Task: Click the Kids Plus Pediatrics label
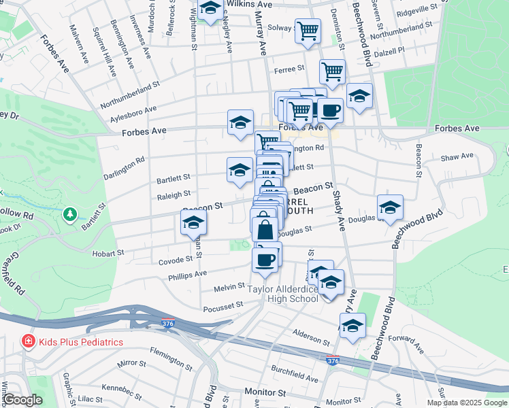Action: [81, 341]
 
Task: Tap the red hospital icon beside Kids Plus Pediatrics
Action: [29, 341]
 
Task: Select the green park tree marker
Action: [69, 216]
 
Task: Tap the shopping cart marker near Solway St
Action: [308, 30]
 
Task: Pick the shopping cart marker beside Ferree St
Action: [332, 71]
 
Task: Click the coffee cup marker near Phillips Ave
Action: [265, 258]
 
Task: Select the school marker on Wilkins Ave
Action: [210, 9]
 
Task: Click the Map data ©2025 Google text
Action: [466, 403]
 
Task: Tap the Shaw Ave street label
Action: [457, 156]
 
